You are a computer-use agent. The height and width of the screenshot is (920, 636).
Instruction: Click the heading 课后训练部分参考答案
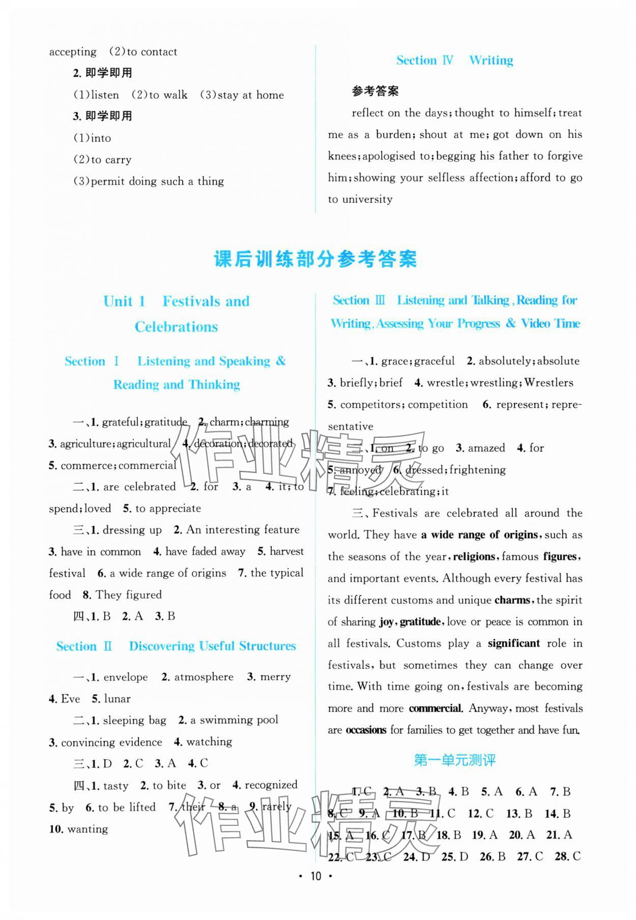(x=315, y=259)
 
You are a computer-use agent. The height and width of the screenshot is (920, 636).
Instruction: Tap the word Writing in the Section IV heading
(x=491, y=61)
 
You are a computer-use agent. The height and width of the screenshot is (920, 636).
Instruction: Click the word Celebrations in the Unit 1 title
(x=176, y=327)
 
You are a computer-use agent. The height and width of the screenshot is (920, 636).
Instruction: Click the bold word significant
(x=513, y=643)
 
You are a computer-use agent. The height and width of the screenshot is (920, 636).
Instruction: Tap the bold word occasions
(x=366, y=730)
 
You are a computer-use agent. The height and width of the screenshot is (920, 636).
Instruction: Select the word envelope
(x=125, y=677)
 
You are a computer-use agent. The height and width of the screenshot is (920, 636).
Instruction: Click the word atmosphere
(x=204, y=677)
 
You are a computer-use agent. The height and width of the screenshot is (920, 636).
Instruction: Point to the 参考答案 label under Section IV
(x=375, y=92)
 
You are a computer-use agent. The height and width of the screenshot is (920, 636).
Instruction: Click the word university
(x=367, y=199)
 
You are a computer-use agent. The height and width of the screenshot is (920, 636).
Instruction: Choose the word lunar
(x=117, y=699)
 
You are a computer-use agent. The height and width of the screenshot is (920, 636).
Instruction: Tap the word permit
(x=109, y=182)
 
